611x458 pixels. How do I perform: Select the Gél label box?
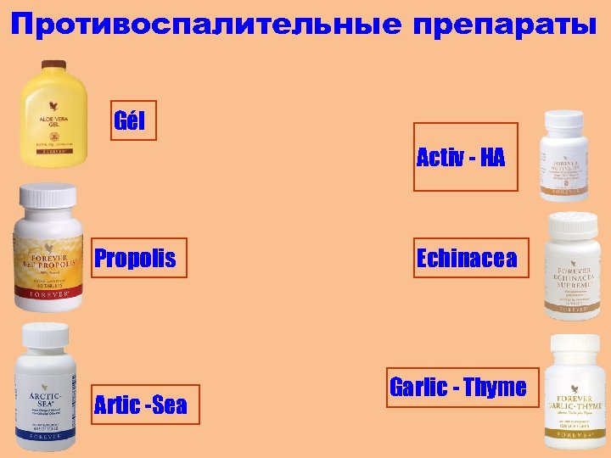tap(130, 122)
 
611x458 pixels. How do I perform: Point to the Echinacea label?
tap(466, 258)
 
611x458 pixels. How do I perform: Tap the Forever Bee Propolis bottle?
tap(48, 254)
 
